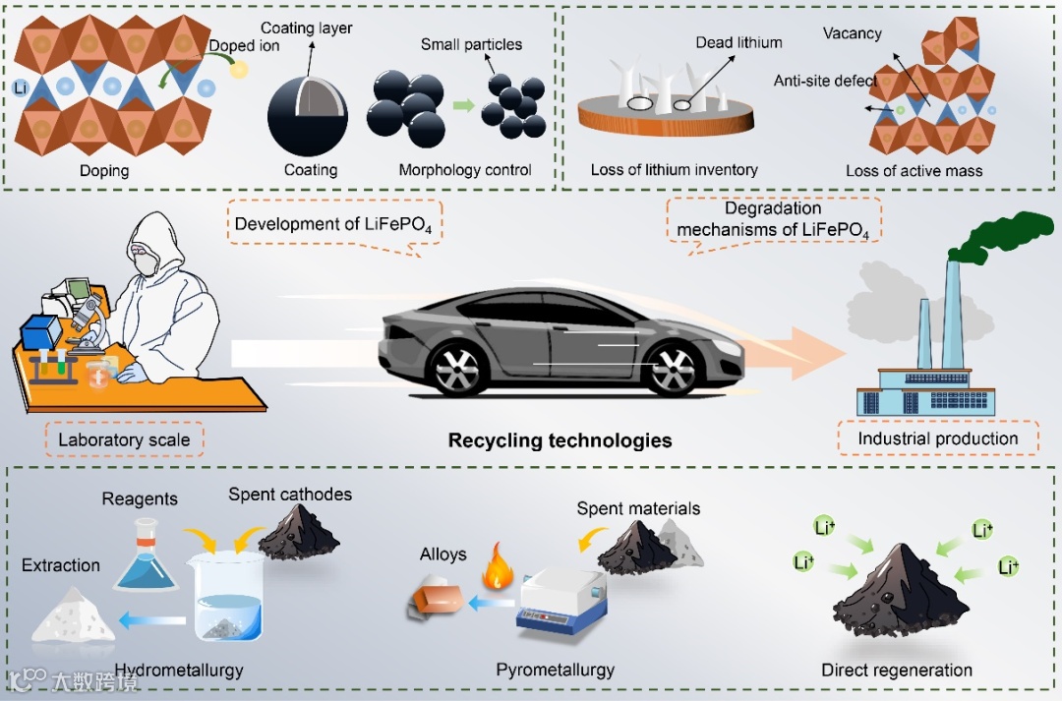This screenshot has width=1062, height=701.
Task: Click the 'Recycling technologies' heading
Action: click(x=560, y=440)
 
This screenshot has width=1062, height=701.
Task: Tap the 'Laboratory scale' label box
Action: click(x=124, y=439)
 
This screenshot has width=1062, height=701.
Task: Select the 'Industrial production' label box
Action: click(x=938, y=438)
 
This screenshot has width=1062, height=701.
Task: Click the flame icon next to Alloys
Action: click(x=489, y=571)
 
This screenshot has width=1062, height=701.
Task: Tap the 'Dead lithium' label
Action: click(x=738, y=42)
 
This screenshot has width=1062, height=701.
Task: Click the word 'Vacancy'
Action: click(x=852, y=33)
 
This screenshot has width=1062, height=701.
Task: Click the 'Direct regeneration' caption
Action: click(x=897, y=671)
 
